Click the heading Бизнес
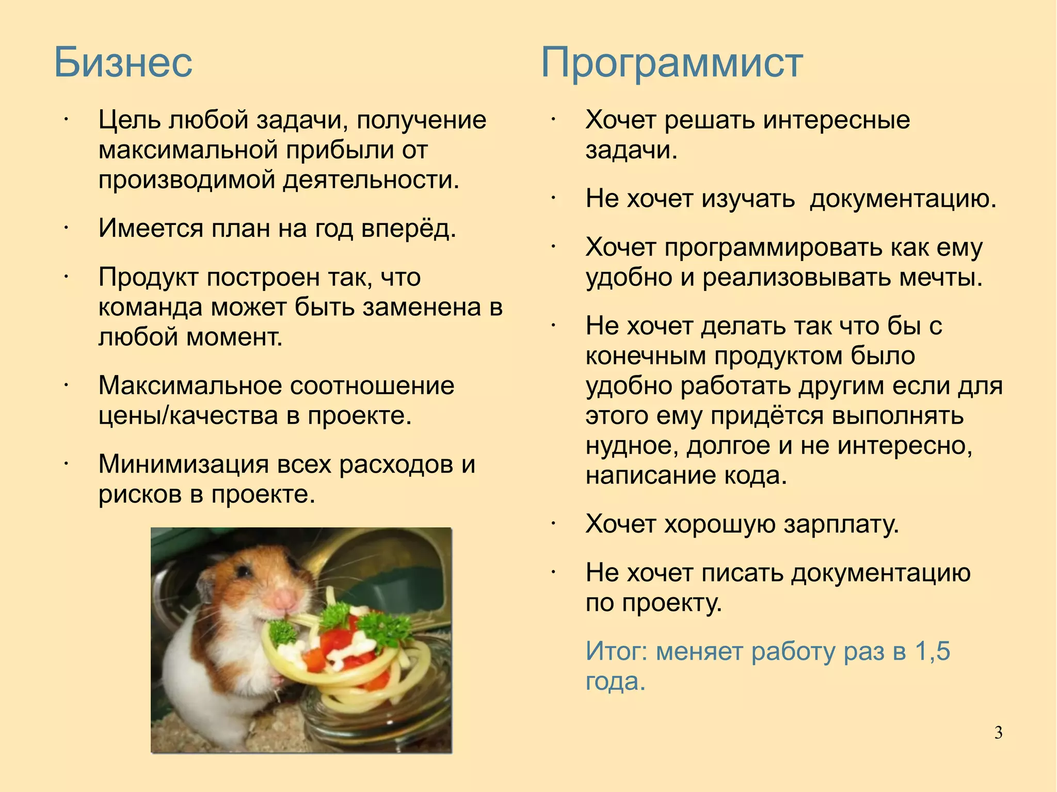pyautogui.click(x=123, y=63)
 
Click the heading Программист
pyautogui.click(x=671, y=63)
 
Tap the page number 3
pyautogui.click(x=998, y=733)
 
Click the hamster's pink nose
pyautogui.click(x=284, y=599)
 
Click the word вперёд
pyautogui.click(x=408, y=229)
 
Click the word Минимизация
pyautogui.click(x=183, y=464)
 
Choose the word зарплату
pyautogui.click(x=841, y=524)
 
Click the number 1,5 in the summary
pyautogui.click(x=933, y=652)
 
